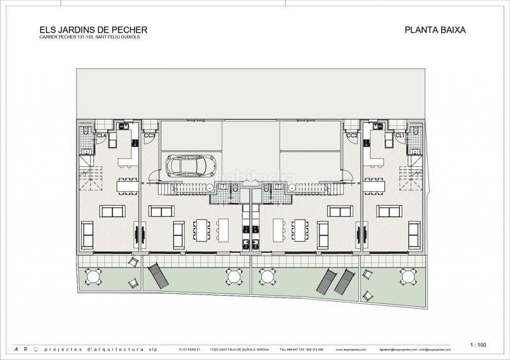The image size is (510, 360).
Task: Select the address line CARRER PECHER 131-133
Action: click(89, 38)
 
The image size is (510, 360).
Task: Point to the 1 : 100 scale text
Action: click(477, 345)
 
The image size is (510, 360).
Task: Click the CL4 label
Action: click(101, 136)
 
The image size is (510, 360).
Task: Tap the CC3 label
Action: click(150, 136)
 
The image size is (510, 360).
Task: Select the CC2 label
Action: click(351, 136)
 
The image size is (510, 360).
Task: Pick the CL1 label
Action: click(400, 136)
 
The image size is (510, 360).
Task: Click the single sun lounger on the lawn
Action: click(156, 276)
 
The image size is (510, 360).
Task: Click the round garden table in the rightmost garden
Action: click(408, 276)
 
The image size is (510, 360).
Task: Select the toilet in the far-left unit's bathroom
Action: click(86, 131)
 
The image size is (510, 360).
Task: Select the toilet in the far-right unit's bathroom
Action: click(416, 131)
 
